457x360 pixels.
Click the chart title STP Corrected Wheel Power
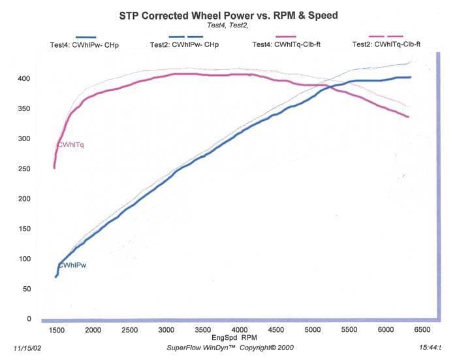pos(228,13)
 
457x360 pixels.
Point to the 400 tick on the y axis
pos(24,78)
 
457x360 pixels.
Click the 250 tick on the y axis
pos(24,169)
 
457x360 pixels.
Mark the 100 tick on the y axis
pos(24,259)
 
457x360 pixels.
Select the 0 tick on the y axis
pos(27,319)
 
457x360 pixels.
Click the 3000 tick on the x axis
pos(167,330)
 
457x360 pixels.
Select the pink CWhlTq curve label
pos(71,145)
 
